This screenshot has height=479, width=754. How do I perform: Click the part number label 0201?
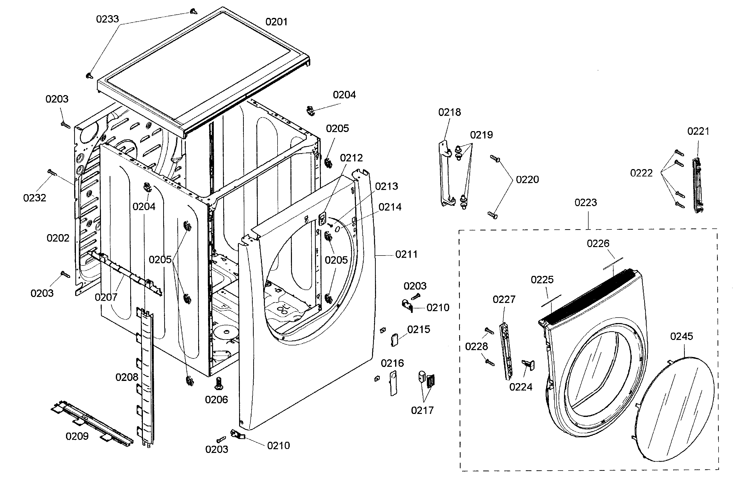pyautogui.click(x=276, y=22)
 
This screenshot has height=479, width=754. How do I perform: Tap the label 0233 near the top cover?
pyautogui.click(x=107, y=19)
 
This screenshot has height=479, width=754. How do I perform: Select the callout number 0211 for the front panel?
pyautogui.click(x=406, y=254)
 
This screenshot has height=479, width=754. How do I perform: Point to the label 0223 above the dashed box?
pyautogui.click(x=586, y=203)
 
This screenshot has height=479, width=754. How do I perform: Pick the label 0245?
pyautogui.click(x=681, y=336)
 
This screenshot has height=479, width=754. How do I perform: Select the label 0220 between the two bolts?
pyautogui.click(x=527, y=180)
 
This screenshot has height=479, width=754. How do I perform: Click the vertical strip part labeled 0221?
pyautogui.click(x=698, y=185)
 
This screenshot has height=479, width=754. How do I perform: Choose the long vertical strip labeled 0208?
pyautogui.click(x=146, y=376)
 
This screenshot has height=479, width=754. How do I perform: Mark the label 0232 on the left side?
pyautogui.click(x=34, y=198)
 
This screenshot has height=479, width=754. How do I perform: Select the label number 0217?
pyautogui.click(x=422, y=410)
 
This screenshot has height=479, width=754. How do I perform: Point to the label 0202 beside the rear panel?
pyautogui.click(x=58, y=238)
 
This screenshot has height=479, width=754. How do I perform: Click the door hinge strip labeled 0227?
pyautogui.click(x=507, y=351)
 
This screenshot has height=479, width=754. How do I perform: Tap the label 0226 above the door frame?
pyautogui.click(x=598, y=244)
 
